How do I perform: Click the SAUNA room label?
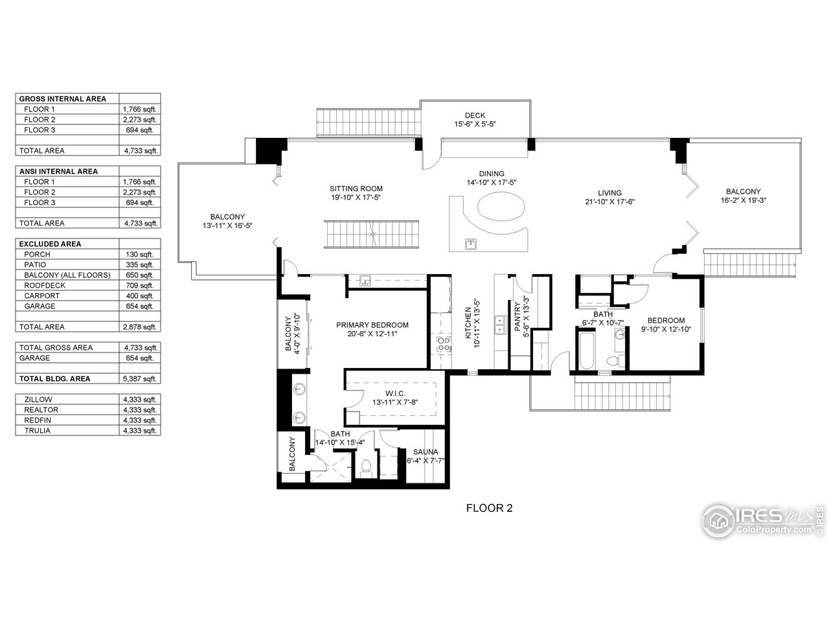coord(422,452)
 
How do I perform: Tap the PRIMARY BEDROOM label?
coord(372,325)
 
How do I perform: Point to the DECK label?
coord(475,115)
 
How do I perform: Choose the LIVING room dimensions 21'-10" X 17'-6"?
coord(609,202)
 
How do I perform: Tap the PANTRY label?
coord(517,318)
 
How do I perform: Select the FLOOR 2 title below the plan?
coord(489,508)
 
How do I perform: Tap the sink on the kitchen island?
coord(471,244)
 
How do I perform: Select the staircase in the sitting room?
coord(372,233)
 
